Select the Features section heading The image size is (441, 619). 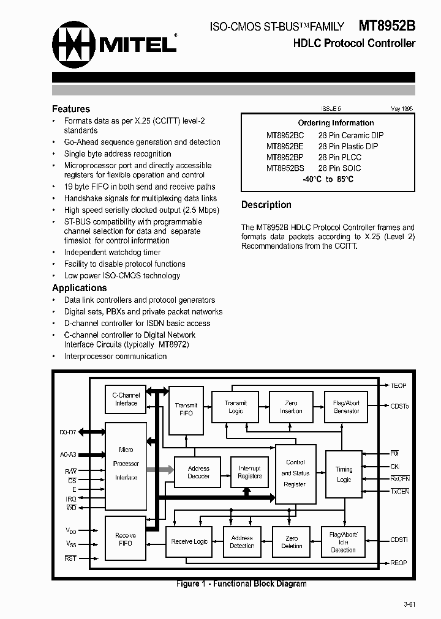click(x=71, y=109)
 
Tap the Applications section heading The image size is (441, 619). click(x=80, y=287)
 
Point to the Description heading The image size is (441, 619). click(x=266, y=205)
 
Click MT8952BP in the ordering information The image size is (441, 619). click(x=284, y=157)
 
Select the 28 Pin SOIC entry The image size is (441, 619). click(x=339, y=168)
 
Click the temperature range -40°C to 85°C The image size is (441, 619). click(x=328, y=179)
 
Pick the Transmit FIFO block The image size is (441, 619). click(x=186, y=409)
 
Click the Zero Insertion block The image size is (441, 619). click(x=291, y=407)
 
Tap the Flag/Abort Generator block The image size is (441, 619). click(x=346, y=407)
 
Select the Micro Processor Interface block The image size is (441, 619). click(x=126, y=464)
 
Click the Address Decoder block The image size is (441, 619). click(x=198, y=472)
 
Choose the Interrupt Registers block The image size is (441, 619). click(x=249, y=472)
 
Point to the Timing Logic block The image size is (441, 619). click(x=344, y=475)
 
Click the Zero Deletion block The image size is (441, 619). click(x=291, y=542)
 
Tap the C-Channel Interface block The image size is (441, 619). click(x=126, y=399)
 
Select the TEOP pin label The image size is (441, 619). click(x=399, y=386)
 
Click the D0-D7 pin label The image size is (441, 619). click(x=68, y=432)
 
